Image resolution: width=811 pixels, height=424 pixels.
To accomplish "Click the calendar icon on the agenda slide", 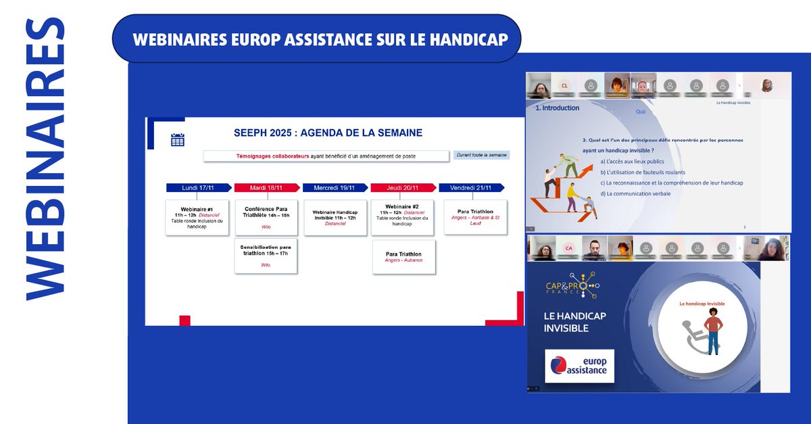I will click(x=177, y=139).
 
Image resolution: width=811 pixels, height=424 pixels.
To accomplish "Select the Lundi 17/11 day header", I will click(x=199, y=188).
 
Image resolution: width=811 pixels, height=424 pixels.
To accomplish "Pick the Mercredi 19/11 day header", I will click(x=336, y=188).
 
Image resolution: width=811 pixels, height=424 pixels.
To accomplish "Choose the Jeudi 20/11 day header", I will click(x=404, y=188).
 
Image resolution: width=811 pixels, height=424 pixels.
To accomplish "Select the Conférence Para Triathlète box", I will click(x=266, y=217).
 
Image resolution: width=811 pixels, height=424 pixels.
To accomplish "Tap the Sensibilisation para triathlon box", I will click(x=266, y=256).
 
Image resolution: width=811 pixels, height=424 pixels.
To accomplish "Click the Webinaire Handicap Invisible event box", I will click(x=335, y=217).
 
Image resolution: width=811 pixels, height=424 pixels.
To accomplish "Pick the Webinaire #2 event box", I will click(x=403, y=217).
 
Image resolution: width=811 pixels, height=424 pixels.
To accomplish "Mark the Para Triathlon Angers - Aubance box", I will click(x=403, y=257).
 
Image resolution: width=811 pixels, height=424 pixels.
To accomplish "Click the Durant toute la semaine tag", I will click(x=482, y=155).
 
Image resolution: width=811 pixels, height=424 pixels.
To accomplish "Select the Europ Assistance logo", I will click(x=579, y=366).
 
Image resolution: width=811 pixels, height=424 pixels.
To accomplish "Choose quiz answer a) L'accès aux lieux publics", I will click(x=632, y=162).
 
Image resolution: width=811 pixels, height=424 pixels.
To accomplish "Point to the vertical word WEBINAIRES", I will click(x=45, y=159).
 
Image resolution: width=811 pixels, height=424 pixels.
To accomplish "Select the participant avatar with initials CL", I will click(x=564, y=86).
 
